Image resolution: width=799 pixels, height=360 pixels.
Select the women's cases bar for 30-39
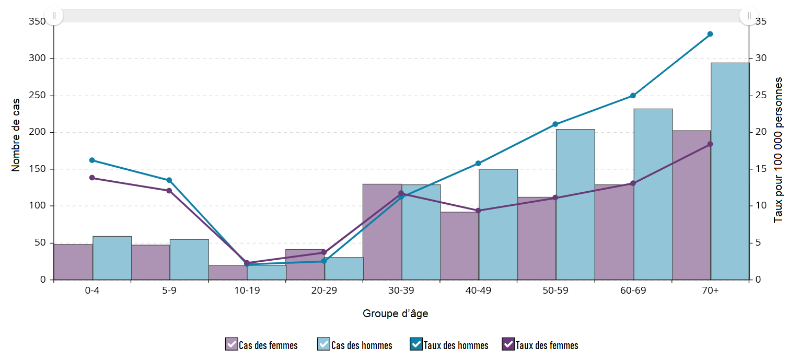click(382, 232)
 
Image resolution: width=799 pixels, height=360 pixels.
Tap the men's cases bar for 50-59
click(575, 204)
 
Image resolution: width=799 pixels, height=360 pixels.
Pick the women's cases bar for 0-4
click(73, 262)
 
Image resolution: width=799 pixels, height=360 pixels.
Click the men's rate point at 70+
click(710, 34)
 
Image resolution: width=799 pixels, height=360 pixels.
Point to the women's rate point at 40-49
click(478, 211)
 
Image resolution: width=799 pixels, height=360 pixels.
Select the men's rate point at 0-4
click(92, 160)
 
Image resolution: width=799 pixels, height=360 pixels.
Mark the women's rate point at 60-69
click(633, 183)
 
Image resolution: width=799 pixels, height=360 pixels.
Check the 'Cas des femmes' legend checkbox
click(231, 344)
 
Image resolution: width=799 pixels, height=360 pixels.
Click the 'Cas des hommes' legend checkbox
click(323, 344)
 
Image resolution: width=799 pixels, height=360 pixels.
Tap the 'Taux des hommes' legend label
click(456, 345)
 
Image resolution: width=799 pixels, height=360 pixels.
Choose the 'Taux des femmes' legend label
click(547, 345)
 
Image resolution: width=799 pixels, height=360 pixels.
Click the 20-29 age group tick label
click(323, 291)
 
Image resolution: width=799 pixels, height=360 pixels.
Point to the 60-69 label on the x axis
click(633, 291)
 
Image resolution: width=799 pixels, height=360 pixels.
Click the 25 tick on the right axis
click(760, 96)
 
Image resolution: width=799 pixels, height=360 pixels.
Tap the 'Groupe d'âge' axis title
click(396, 314)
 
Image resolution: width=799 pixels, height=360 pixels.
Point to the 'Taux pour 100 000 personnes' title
click(779, 150)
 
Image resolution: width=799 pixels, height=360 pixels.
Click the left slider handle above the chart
click(54, 16)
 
